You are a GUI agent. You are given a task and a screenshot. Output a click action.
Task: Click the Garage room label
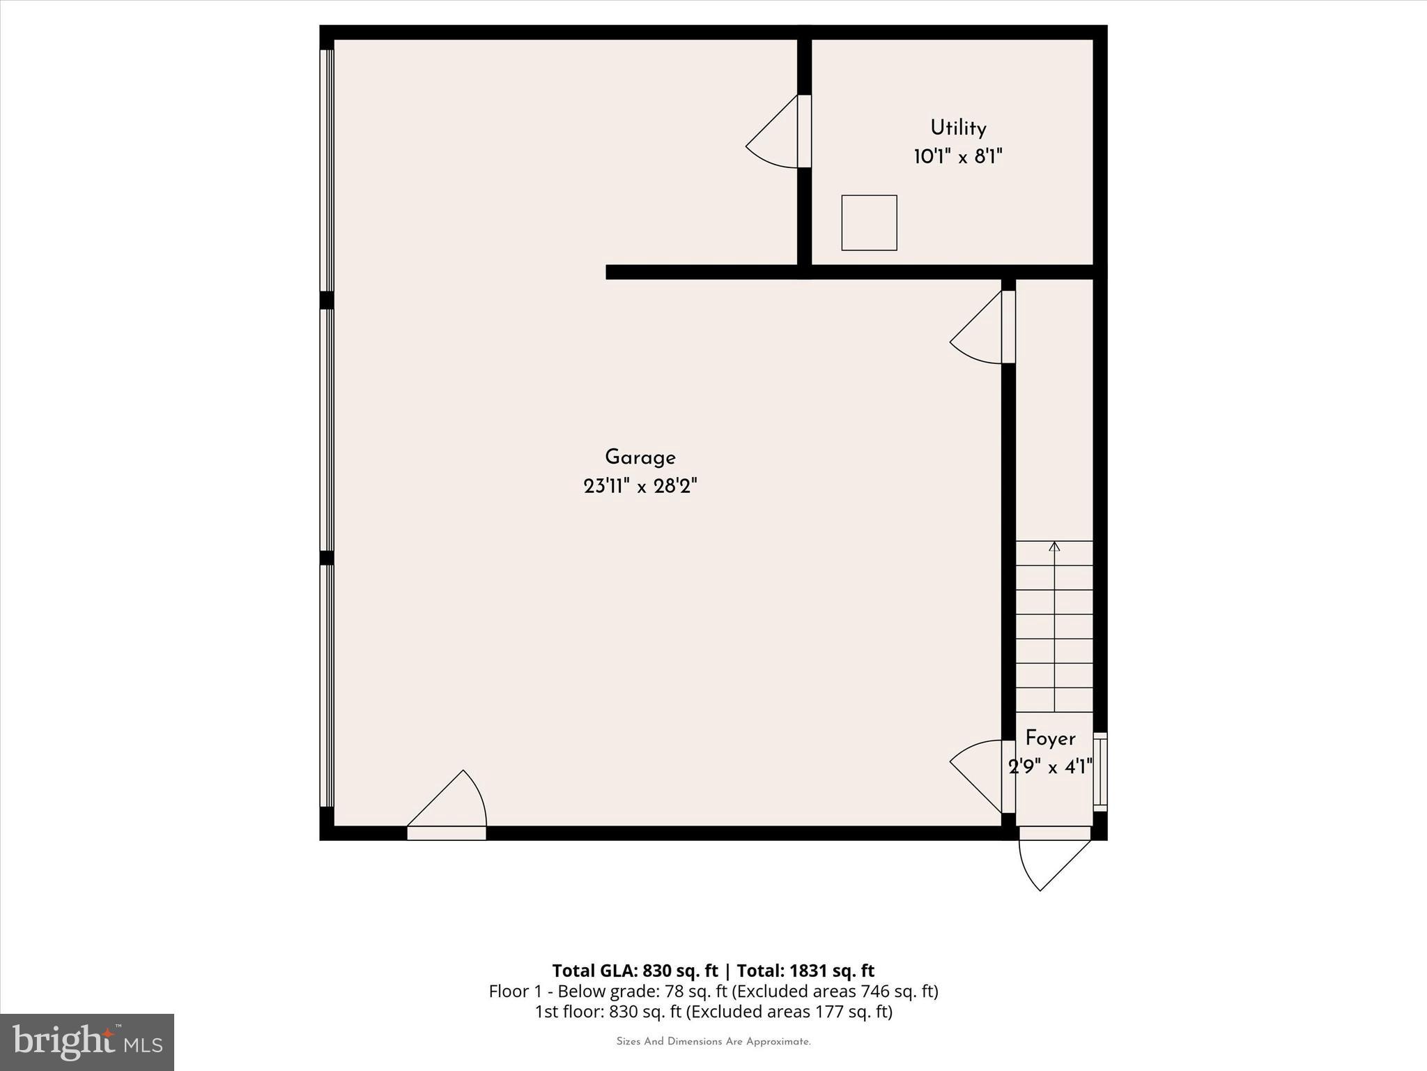640,457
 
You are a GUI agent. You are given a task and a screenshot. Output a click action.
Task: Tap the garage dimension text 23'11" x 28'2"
640,486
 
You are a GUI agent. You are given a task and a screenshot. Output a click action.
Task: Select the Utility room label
958,128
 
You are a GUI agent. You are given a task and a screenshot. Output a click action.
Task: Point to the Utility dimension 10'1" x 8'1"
958,157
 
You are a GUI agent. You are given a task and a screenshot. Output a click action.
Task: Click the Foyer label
1050,738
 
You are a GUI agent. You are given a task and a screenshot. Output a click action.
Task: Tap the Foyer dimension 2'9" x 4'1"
1050,767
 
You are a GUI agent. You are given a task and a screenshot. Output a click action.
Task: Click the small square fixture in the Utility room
869,222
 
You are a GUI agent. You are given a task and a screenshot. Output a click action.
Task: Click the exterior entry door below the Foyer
1054,858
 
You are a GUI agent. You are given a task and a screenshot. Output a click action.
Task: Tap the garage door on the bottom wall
447,809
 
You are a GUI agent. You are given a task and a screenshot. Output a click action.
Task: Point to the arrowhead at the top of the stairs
1054,546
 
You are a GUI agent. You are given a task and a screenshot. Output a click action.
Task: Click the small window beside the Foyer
1100,771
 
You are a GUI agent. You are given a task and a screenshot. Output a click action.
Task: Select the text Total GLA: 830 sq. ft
635,971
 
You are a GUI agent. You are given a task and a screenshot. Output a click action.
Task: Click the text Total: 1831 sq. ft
805,971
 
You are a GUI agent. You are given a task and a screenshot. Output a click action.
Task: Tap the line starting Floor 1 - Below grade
713,991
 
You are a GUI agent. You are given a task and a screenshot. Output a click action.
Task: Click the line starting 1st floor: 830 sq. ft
713,1011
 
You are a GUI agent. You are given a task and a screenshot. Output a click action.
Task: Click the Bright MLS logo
87,1042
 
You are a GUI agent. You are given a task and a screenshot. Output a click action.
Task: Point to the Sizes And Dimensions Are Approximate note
713,1042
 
